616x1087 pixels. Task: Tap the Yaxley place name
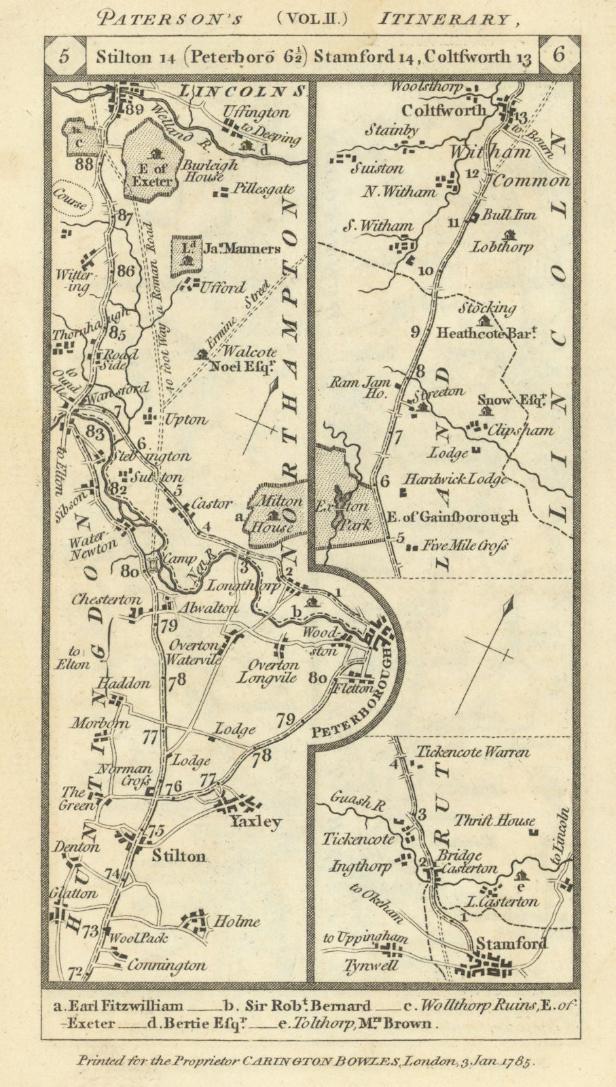pyautogui.click(x=255, y=821)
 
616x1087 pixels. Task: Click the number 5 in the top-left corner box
pyautogui.click(x=64, y=56)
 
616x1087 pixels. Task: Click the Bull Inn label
pyautogui.click(x=509, y=215)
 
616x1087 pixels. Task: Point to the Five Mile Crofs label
pyautogui.click(x=467, y=545)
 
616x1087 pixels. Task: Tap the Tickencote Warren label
pyautogui.click(x=472, y=752)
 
